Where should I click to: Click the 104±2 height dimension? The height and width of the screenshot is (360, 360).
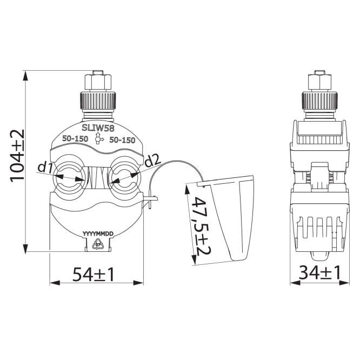tap(17, 156)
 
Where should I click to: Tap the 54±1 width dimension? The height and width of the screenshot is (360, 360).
tap(93, 275)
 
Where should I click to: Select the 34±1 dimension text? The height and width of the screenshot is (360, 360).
tap(319, 273)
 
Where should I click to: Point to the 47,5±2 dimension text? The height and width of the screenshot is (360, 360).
tap(202, 225)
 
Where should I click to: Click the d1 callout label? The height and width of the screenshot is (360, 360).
tap(45, 167)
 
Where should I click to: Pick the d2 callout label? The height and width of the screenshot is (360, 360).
tap(154, 161)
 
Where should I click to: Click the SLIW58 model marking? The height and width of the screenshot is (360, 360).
tap(98, 128)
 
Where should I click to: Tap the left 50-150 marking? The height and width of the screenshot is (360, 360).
tap(75, 139)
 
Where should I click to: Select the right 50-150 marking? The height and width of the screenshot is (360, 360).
tap(122, 140)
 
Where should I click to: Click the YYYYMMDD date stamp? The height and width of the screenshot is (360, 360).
tap(98, 234)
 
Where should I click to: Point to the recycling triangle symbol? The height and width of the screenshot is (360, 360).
tap(98, 244)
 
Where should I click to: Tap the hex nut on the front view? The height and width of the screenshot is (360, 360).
tap(98, 82)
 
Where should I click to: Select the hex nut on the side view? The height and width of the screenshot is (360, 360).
tap(319, 82)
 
